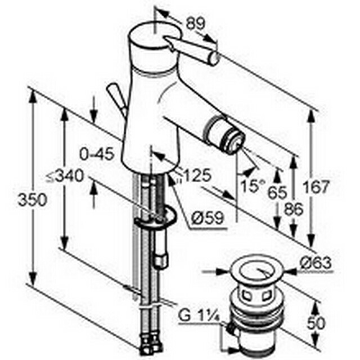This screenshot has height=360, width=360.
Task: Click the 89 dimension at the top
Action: pyautogui.click(x=195, y=24)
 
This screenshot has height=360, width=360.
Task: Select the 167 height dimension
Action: pyautogui.click(x=316, y=187)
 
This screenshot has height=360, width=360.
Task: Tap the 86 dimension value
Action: pyautogui.click(x=294, y=209)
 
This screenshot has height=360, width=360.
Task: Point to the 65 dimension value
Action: pyautogui.click(x=277, y=192)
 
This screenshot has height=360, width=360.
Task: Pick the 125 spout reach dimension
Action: pyautogui.click(x=197, y=175)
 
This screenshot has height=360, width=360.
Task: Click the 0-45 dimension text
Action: pyautogui.click(x=97, y=154)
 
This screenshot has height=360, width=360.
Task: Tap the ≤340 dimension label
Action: pyautogui.click(x=65, y=176)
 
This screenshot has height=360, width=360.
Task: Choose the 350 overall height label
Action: pyautogui.click(x=33, y=200)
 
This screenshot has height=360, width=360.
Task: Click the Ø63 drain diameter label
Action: pyautogui.click(x=316, y=263)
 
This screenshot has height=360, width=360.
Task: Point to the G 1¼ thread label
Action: pyautogui.click(x=199, y=316)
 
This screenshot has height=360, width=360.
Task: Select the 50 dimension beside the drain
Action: pyautogui.click(x=316, y=323)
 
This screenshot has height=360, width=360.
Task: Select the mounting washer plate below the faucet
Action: pyautogui.click(x=155, y=218)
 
